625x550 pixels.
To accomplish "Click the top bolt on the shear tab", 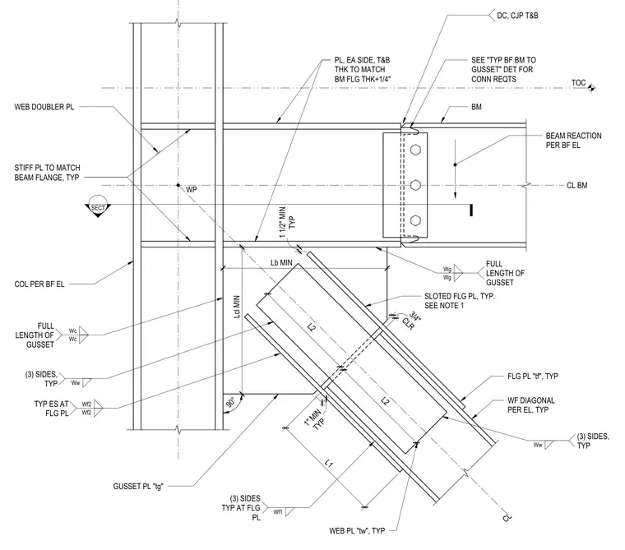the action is coord(415,150).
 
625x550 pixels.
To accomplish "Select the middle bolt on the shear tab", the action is coord(415,185).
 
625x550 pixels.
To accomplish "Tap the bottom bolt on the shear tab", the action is coord(415,220).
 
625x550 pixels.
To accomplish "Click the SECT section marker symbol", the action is coord(98,206).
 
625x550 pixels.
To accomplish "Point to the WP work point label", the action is coord(192,190).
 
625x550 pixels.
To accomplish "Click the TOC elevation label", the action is coord(578,83).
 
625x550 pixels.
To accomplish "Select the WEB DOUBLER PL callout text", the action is coord(44,107).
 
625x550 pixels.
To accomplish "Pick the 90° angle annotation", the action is coord(230,402).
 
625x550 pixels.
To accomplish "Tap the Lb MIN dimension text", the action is coord(281,262).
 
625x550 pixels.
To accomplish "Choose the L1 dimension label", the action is coord(328,464).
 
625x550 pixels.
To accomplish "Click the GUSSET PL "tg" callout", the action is coord(138,486).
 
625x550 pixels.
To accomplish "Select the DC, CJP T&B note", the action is coord(517,16).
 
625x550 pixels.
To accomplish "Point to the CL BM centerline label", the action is coord(576,185).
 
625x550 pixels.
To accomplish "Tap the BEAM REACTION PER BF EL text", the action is coord(573,141).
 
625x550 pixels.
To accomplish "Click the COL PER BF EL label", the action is coord(39,284).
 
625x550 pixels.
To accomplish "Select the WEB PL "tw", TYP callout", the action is coord(357,530).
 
